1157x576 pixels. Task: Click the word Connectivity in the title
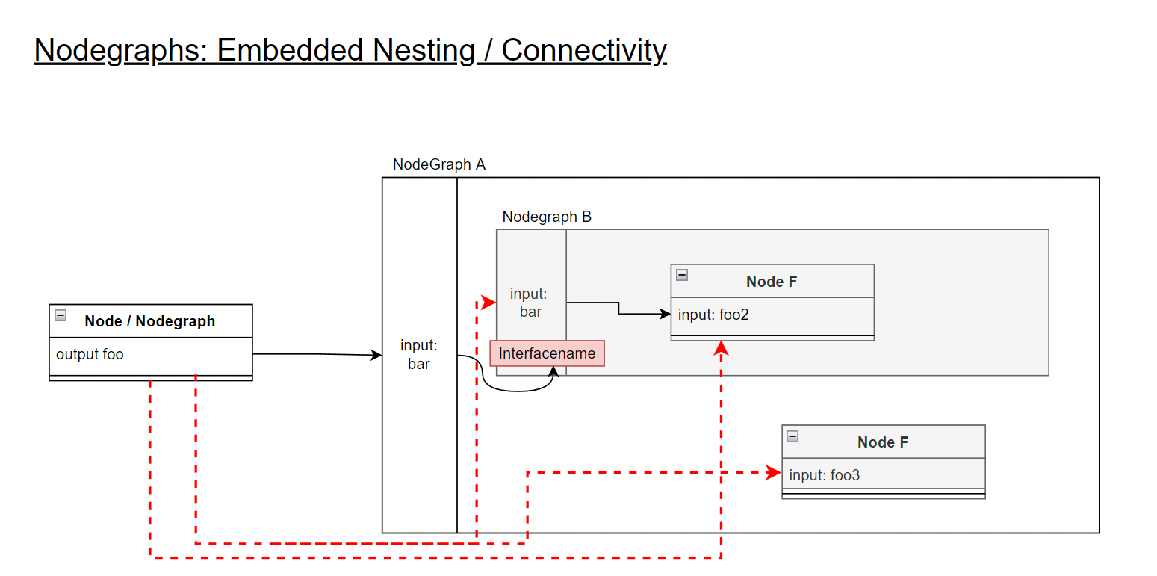(583, 50)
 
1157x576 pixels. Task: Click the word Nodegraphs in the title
(120, 50)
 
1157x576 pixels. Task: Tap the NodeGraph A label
(438, 164)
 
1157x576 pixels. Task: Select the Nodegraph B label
(547, 217)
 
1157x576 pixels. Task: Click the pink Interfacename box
(547, 353)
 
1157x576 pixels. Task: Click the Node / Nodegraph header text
(149, 321)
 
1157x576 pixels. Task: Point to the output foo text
(90, 354)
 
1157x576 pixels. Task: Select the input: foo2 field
(713, 315)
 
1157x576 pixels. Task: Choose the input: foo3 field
(825, 475)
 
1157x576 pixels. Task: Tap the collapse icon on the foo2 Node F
(681, 275)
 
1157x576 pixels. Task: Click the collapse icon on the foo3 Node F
(792, 436)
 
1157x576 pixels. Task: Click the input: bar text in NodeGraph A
(418, 355)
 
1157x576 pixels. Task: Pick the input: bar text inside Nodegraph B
(530, 303)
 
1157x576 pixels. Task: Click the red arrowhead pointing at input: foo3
(774, 472)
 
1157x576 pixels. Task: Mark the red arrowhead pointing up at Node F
(721, 348)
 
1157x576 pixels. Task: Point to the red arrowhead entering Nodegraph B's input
(489, 303)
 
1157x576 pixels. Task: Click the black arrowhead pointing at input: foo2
(666, 315)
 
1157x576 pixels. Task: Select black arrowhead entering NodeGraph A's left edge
(377, 356)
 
